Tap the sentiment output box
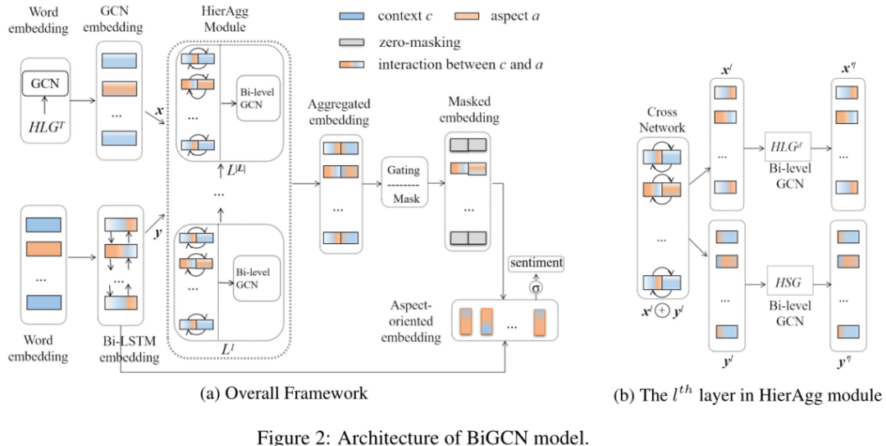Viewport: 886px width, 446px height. tap(536, 263)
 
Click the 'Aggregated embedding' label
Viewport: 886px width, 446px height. tap(340, 113)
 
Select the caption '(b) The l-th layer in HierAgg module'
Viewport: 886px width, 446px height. tap(747, 395)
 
